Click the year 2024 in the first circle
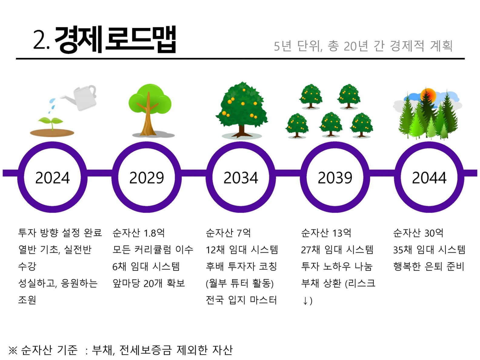tap(52, 178)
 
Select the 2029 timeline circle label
tap(146, 178)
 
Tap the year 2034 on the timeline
tap(241, 178)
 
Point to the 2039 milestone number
tap(335, 178)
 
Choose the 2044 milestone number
tap(429, 178)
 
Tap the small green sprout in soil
tap(51, 123)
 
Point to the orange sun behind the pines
tap(428, 95)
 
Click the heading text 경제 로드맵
tap(115, 40)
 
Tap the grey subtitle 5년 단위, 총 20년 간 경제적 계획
tap(363, 46)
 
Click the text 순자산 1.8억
tap(139, 233)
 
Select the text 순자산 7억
tap(228, 233)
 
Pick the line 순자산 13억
tap(326, 233)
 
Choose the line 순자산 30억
tap(418, 233)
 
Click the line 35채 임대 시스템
tap(429, 250)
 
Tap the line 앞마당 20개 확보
tap(149, 283)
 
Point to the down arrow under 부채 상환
tap(305, 301)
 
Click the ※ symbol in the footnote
tap(13, 351)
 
